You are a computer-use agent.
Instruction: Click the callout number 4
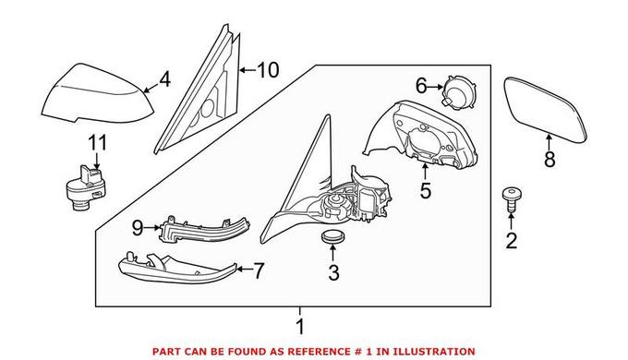(x=164, y=79)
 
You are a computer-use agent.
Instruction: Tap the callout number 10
(x=268, y=70)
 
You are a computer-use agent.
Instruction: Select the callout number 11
(x=98, y=143)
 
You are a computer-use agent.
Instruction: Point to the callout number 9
(x=138, y=228)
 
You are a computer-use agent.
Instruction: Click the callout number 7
(x=260, y=270)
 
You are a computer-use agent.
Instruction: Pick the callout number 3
(x=333, y=272)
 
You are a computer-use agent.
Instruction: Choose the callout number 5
(x=426, y=190)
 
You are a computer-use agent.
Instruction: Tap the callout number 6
(x=421, y=86)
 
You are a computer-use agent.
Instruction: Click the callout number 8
(x=549, y=160)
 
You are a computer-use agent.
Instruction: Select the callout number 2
(x=512, y=241)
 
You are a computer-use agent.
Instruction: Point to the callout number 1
(x=300, y=327)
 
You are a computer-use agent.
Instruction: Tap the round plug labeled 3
(x=332, y=236)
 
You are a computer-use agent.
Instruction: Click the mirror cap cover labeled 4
(x=97, y=93)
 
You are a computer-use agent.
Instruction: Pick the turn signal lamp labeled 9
(x=204, y=230)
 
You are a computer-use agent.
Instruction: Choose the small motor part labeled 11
(x=86, y=187)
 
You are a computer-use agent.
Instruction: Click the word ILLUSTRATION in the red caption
(x=434, y=352)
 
